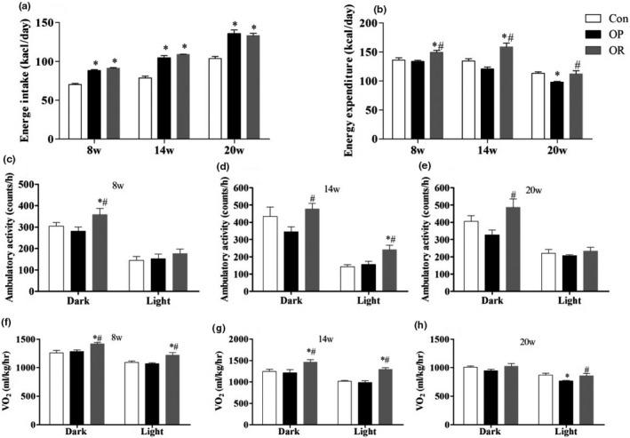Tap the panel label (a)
(12, 7)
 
